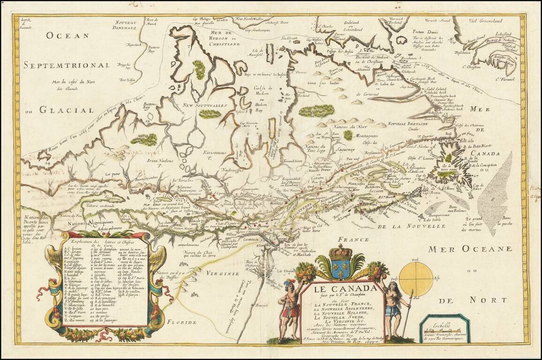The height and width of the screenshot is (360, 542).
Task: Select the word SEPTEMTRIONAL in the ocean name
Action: tap(67, 66)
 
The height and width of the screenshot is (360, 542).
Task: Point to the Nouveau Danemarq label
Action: tap(126, 25)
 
